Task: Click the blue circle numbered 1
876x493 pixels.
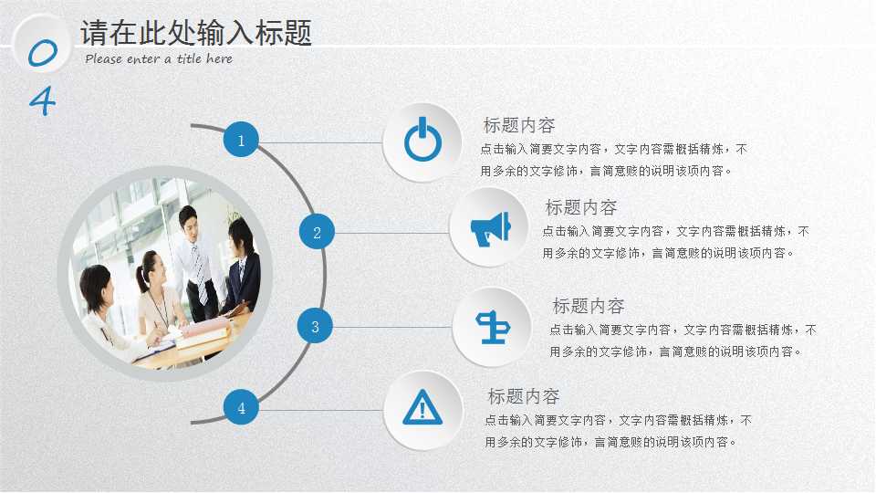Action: click(x=241, y=141)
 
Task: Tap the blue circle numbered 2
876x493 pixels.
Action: click(x=317, y=232)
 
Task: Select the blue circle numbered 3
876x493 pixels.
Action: click(x=315, y=326)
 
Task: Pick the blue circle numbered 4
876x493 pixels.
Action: click(x=241, y=408)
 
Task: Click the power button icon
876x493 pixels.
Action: click(x=422, y=142)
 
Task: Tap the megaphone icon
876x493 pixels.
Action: click(x=490, y=227)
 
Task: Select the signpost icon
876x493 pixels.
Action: click(x=491, y=326)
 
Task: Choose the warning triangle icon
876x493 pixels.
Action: click(x=422, y=408)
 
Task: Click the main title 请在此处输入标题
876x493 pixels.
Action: click(x=196, y=33)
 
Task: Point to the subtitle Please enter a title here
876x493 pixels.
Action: click(x=159, y=59)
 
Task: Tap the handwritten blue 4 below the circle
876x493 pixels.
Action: click(x=42, y=100)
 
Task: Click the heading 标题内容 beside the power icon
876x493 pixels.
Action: click(x=518, y=125)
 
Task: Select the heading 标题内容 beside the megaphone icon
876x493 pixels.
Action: click(x=580, y=207)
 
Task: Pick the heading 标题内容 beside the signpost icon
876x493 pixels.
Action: click(x=588, y=306)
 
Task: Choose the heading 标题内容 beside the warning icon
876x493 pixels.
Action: click(x=523, y=396)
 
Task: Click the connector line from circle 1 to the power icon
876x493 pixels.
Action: click(x=319, y=142)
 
